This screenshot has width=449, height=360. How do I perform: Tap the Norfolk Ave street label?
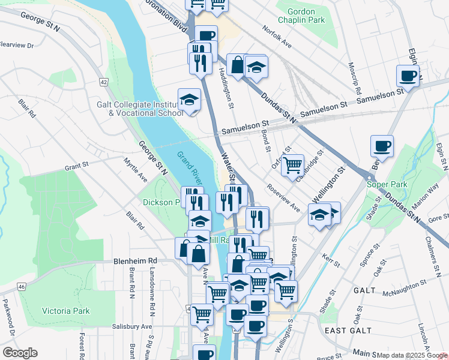277,37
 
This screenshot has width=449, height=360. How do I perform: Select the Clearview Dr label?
16,44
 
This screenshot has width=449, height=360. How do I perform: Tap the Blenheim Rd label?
135,261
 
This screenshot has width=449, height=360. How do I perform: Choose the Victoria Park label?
65,311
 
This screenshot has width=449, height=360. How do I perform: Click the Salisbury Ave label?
133,326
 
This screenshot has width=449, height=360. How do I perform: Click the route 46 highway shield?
21,287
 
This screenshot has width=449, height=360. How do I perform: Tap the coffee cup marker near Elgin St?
408,76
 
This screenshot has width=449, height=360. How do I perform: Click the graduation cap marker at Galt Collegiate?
190,100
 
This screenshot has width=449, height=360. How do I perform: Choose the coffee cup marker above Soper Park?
382,146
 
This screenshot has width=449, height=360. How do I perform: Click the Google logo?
20,353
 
